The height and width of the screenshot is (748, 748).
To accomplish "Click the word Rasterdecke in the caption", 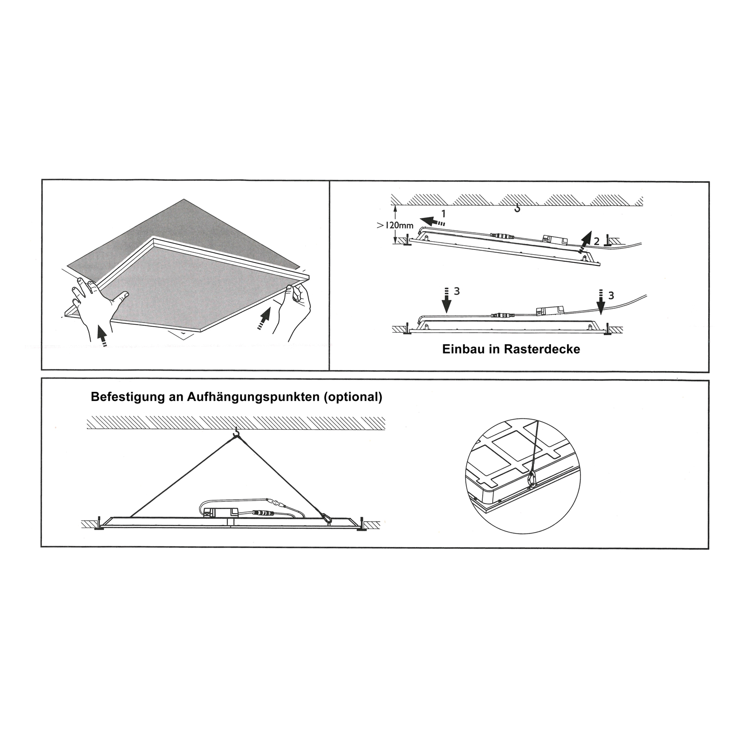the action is [542, 349].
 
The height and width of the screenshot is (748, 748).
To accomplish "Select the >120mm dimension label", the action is [395, 225].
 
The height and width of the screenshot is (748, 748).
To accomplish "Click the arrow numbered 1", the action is [432, 220].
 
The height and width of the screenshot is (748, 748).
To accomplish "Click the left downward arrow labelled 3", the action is [447, 300].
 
